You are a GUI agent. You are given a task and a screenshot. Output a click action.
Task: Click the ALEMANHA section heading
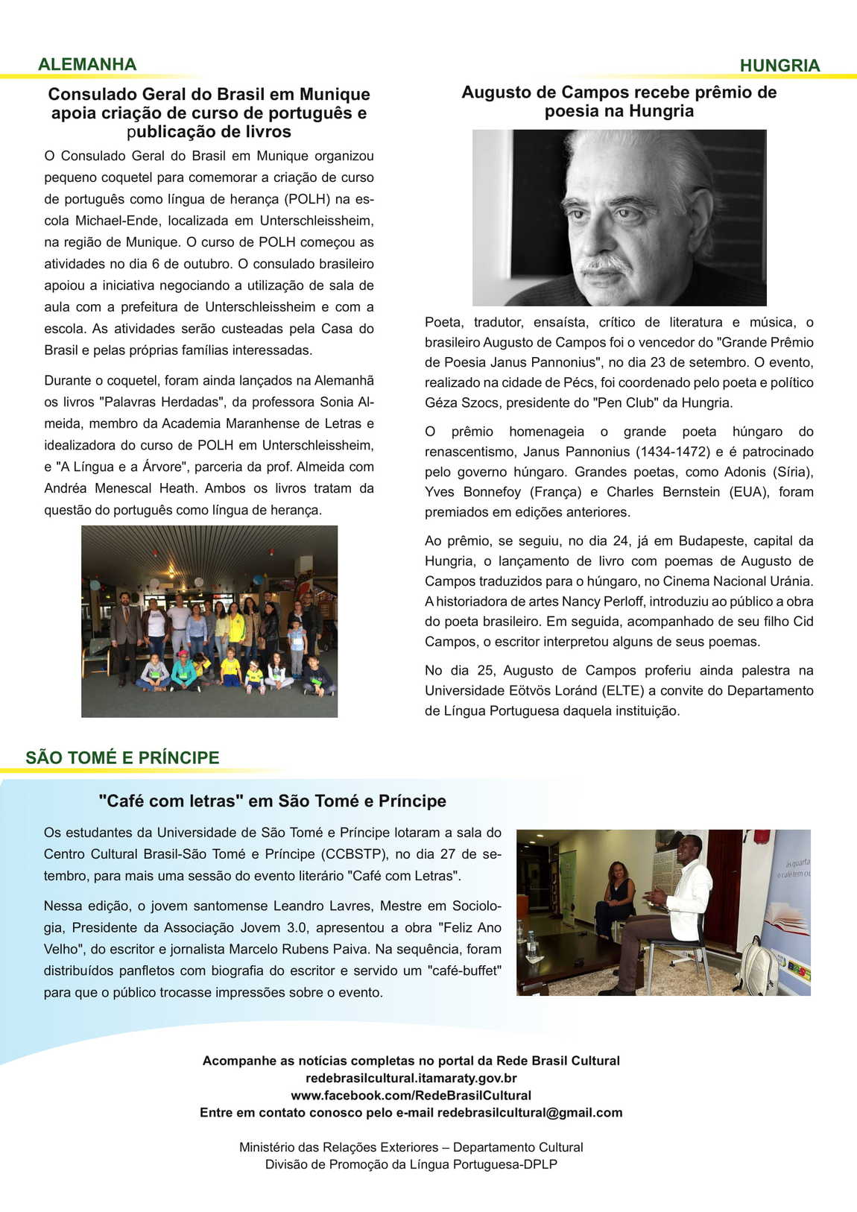click(87, 64)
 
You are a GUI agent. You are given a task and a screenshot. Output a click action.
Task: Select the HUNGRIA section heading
click(779, 66)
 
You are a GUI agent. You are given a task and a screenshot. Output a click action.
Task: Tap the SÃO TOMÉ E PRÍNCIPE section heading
click(122, 757)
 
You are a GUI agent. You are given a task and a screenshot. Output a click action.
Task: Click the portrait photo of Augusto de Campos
click(619, 218)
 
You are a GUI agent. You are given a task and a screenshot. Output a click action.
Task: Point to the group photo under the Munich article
click(209, 621)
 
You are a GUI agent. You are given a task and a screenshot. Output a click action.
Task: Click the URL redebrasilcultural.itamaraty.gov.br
click(411, 1078)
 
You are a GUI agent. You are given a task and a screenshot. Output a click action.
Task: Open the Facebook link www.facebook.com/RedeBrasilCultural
click(411, 1095)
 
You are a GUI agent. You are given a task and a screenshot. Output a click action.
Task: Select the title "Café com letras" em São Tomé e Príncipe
click(272, 801)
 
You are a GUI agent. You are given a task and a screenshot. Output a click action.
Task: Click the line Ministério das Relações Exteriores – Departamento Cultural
click(411, 1147)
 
